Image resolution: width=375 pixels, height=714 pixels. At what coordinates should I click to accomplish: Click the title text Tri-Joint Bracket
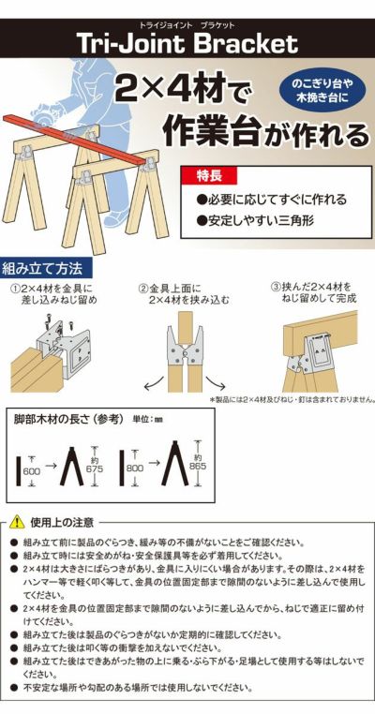[187, 43]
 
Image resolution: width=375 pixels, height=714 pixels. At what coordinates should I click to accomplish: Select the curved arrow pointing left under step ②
[149, 383]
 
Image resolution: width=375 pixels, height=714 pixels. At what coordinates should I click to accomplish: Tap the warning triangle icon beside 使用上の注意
[16, 521]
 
